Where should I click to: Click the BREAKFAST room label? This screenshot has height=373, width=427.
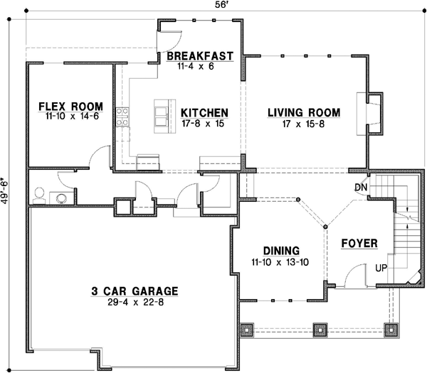(x=200, y=55)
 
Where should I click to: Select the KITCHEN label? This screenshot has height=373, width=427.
(x=204, y=112)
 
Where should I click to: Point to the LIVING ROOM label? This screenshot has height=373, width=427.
(x=303, y=112)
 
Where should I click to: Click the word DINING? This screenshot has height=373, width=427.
(x=280, y=251)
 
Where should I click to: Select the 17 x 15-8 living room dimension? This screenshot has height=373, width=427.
(x=303, y=124)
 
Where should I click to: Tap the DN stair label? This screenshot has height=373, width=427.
(x=360, y=187)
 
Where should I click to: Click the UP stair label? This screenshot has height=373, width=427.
(x=381, y=269)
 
